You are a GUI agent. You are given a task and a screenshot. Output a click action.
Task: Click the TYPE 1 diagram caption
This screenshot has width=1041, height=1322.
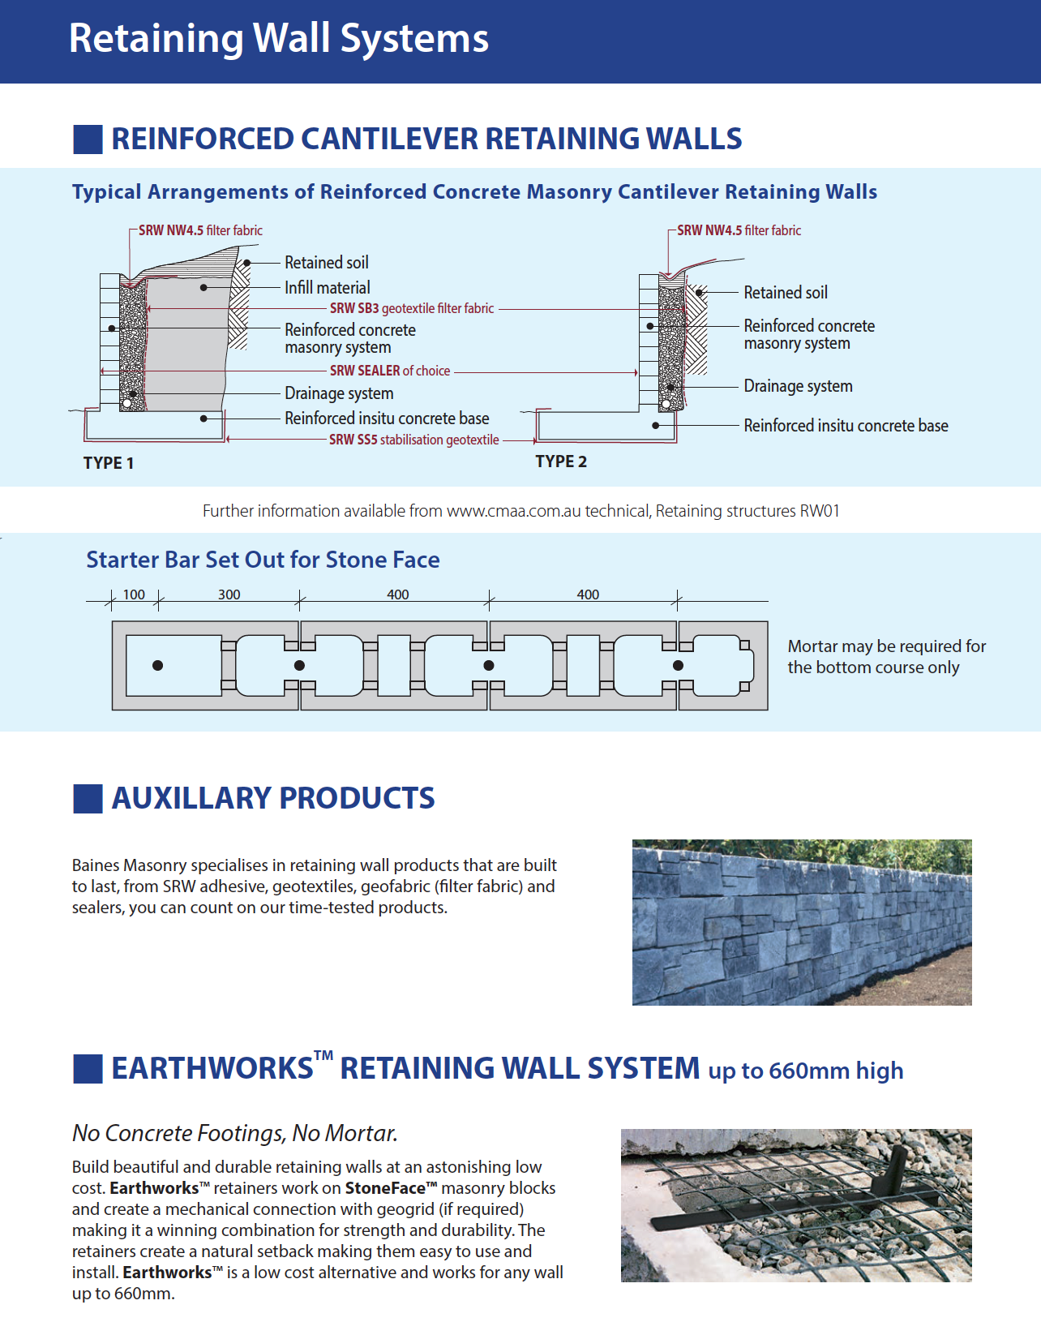(109, 463)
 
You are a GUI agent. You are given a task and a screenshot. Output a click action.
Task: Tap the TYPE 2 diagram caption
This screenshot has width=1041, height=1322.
(561, 461)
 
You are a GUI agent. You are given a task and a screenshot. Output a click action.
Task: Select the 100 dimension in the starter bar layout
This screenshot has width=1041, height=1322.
(134, 594)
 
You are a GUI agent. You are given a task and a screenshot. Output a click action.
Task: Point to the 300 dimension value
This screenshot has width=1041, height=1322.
(229, 594)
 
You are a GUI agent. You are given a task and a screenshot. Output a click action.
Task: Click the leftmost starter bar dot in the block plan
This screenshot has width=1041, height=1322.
(158, 665)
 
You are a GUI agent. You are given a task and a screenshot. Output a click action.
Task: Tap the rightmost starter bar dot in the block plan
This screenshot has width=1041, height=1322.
(678, 665)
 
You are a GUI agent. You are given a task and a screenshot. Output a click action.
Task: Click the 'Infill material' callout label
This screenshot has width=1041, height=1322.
(328, 287)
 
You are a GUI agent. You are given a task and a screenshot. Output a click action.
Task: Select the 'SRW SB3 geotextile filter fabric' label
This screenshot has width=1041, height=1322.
(412, 308)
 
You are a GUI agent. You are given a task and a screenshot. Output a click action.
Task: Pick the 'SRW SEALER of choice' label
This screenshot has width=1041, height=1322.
(390, 371)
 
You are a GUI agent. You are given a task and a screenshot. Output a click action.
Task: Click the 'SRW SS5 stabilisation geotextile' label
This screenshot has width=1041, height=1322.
(414, 440)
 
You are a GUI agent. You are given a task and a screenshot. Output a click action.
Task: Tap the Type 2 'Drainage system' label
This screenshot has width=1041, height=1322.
(798, 386)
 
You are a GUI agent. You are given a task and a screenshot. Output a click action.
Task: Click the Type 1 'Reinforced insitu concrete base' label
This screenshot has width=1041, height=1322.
(387, 418)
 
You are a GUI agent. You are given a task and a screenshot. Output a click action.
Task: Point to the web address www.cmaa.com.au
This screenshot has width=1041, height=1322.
(513, 511)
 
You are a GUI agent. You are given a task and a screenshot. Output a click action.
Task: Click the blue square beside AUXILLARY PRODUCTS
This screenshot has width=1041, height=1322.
(88, 799)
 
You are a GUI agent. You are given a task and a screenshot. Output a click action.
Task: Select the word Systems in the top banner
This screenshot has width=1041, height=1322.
(414, 39)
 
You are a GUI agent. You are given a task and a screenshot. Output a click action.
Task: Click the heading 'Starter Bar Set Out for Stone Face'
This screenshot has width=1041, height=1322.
(263, 560)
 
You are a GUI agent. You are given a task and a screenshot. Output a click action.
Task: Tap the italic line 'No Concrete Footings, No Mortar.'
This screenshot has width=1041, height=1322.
(234, 1133)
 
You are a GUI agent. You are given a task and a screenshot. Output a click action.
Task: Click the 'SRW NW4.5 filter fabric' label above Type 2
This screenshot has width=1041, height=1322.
(739, 230)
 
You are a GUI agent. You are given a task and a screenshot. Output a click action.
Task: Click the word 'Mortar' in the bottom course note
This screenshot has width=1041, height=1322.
(809, 646)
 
